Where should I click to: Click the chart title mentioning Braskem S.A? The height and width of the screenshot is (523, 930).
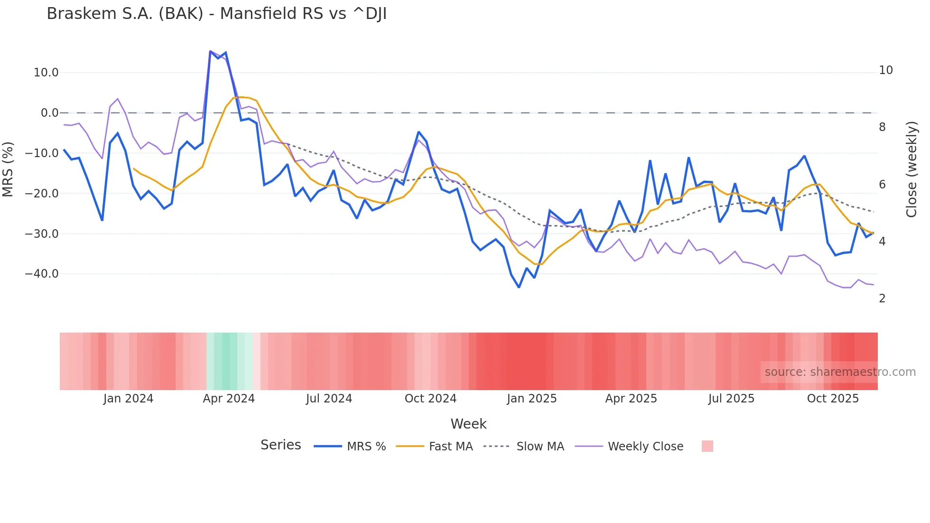[x=216, y=14]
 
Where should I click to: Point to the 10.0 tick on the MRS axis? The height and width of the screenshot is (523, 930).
[x=46, y=73]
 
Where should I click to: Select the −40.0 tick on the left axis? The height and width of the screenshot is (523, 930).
[x=42, y=274]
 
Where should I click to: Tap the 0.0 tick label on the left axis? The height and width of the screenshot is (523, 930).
[x=49, y=113]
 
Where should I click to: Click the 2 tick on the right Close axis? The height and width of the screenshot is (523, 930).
[x=882, y=299]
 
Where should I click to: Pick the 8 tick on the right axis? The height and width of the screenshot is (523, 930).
[x=882, y=127]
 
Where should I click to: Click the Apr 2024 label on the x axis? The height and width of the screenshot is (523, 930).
[x=229, y=399]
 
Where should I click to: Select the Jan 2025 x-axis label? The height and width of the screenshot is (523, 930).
[x=531, y=399]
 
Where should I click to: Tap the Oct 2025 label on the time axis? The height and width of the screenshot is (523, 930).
[x=833, y=399]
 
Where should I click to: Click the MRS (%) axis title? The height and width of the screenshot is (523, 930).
[x=8, y=169]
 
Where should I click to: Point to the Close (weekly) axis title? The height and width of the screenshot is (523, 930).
[x=911, y=169]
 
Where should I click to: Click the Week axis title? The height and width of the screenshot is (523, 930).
[x=468, y=424]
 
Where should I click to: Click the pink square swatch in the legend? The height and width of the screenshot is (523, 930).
[x=707, y=446]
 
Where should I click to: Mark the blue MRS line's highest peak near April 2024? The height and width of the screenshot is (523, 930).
[x=210, y=51]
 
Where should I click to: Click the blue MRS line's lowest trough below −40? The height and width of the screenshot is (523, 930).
[x=519, y=287]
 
